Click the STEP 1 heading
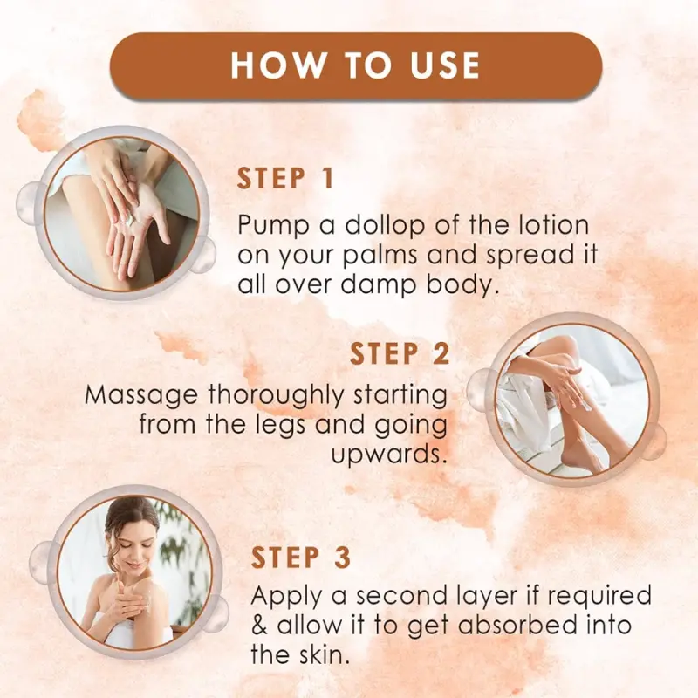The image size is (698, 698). (285, 179)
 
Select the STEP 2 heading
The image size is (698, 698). (400, 354)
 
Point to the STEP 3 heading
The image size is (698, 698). (300, 558)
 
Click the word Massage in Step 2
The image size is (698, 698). (141, 396)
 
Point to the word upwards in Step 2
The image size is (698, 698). (388, 455)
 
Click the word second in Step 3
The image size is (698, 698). (400, 596)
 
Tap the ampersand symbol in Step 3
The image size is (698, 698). (259, 625)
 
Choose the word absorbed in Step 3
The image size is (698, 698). (517, 625)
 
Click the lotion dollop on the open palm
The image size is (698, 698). (129, 220)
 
